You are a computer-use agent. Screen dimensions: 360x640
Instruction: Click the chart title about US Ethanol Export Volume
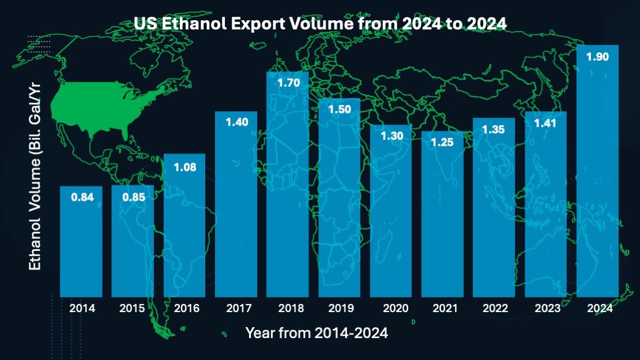click(320, 23)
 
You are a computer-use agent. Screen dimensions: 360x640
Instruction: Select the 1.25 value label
click(442, 142)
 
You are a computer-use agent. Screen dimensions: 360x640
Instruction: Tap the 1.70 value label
click(288, 82)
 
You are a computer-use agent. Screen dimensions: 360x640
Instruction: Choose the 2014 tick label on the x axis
click(81, 308)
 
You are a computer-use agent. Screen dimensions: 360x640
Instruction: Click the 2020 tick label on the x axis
click(391, 308)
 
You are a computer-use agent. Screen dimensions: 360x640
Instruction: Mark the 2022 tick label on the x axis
click(494, 308)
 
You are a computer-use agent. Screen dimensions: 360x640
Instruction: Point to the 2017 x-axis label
click(236, 308)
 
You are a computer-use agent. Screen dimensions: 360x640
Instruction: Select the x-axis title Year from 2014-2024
click(317, 333)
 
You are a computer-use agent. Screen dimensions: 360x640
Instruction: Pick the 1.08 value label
click(185, 168)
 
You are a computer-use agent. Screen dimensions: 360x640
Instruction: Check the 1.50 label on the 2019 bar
click(340, 110)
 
